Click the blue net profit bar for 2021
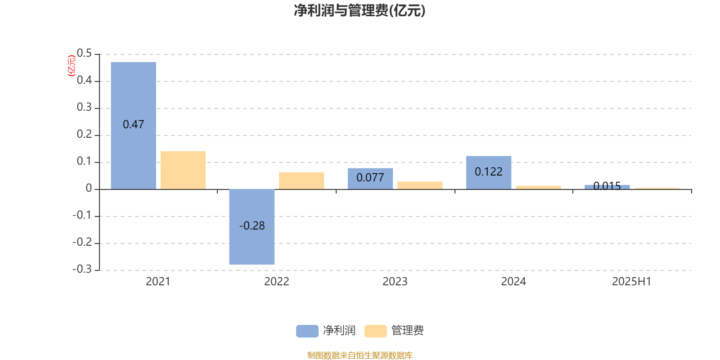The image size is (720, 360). [133, 126]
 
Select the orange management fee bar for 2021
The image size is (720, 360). [183, 171]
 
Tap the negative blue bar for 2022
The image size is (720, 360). [252, 227]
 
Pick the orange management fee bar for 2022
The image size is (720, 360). [301, 181]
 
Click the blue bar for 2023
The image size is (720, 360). [370, 179]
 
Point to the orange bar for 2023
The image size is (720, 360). [420, 185]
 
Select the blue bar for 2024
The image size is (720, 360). [489, 173]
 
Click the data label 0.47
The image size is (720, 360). [133, 124]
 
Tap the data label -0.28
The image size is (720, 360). [252, 225]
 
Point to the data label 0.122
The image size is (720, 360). [489, 171]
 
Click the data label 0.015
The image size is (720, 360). [607, 186]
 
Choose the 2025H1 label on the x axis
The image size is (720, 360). [632, 282]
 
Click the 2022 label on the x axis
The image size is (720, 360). [276, 282]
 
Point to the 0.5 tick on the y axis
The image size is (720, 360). [84, 53]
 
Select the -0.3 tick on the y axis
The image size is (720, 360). [82, 269]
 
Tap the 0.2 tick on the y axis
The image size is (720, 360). [84, 134]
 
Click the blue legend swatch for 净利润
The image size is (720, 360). [307, 331]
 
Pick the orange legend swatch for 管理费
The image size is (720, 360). [375, 331]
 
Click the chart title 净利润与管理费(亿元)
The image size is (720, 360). [360, 11]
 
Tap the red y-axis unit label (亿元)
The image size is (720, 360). [72, 66]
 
